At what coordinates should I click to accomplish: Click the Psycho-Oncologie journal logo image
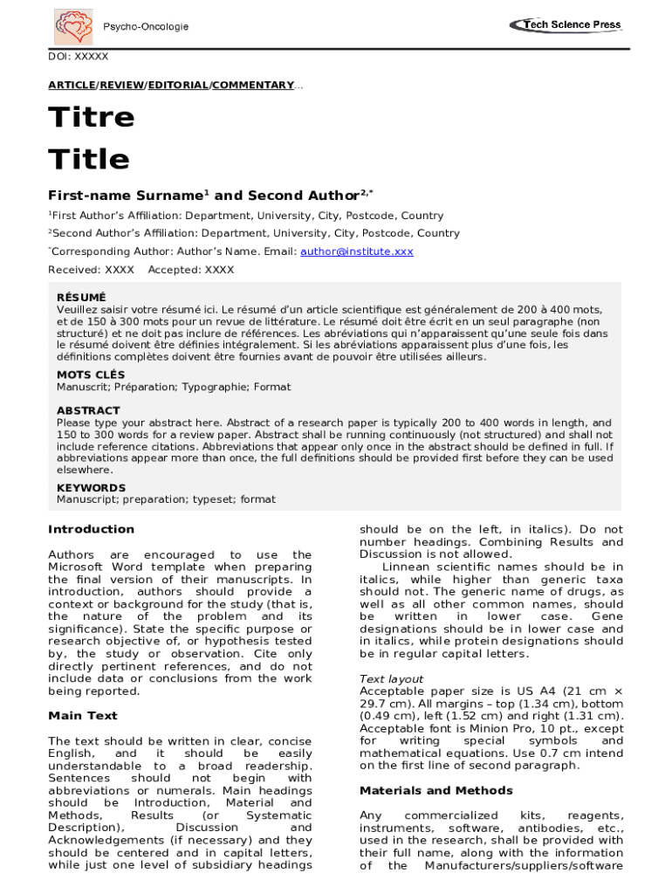tap(74, 27)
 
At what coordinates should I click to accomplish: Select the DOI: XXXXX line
tap(79, 57)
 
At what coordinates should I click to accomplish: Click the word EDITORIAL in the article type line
tap(178, 85)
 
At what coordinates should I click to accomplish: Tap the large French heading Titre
tap(92, 118)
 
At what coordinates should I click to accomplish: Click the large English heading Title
tap(88, 160)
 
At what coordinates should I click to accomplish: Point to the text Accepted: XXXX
tap(191, 270)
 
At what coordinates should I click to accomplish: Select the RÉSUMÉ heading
tap(81, 298)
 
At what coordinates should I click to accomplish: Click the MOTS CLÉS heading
tap(91, 375)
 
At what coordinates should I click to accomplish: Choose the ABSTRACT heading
tap(88, 410)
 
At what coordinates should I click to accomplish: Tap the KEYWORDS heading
tap(91, 488)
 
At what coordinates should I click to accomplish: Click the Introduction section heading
tap(92, 529)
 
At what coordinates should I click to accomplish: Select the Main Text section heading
tap(83, 716)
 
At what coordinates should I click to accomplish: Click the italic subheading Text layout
tap(391, 678)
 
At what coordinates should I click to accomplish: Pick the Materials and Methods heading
tap(436, 790)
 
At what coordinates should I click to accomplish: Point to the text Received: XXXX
tap(92, 270)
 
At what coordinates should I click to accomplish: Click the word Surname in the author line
tap(166, 196)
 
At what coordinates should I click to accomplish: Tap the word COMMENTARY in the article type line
tap(253, 85)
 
